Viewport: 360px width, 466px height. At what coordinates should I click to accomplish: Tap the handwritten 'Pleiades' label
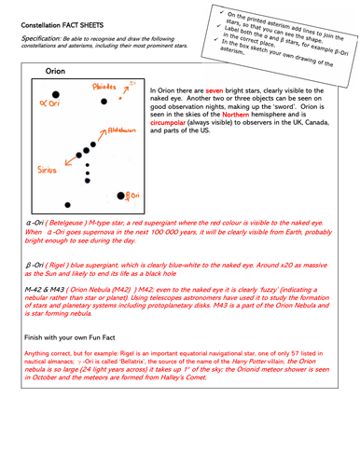pyautogui.click(x=104, y=87)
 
